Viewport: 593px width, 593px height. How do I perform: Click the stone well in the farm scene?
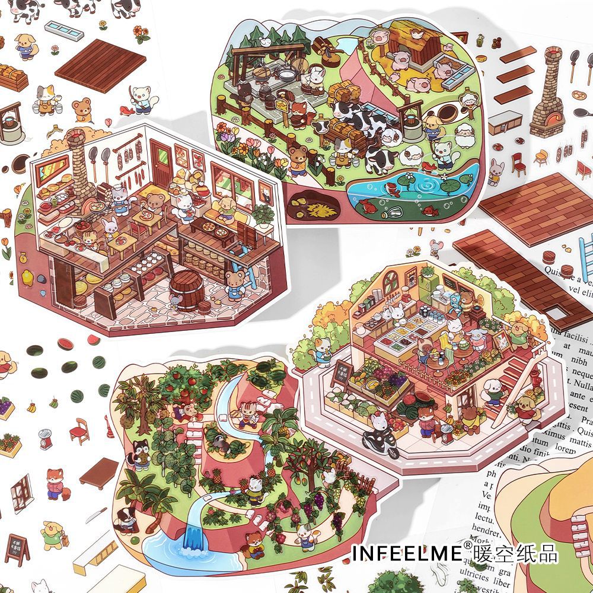413,116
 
